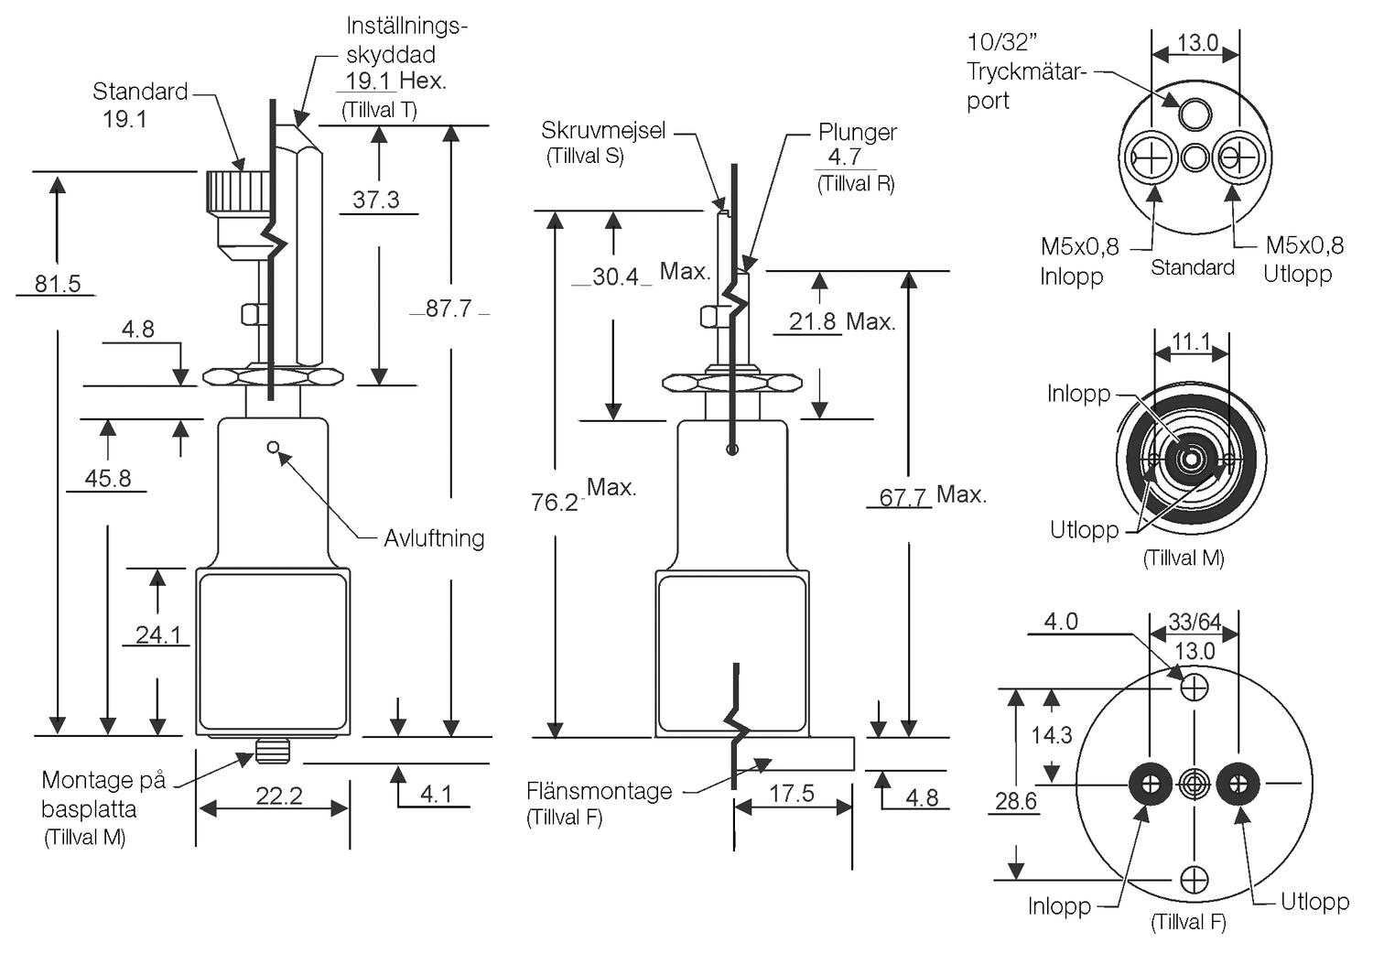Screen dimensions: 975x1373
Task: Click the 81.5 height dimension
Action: click(x=57, y=284)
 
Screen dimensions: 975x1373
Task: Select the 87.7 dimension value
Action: click(x=449, y=309)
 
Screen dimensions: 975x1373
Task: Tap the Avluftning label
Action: click(x=434, y=538)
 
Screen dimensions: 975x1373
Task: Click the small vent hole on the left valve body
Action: click(x=273, y=447)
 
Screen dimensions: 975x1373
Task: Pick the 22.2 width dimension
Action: click(x=278, y=796)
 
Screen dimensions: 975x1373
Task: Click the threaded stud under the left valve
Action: click(x=272, y=751)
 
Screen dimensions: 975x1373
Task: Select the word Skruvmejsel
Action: click(x=603, y=130)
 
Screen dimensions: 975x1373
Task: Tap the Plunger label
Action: click(x=857, y=133)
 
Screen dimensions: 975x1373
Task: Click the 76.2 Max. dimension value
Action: click(x=555, y=502)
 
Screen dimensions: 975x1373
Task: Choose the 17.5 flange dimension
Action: click(x=791, y=793)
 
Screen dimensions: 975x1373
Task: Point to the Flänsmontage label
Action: click(x=599, y=791)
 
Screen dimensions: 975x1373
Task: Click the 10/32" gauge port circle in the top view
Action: click(x=1194, y=114)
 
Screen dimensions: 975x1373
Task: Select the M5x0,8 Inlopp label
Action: click(x=1079, y=261)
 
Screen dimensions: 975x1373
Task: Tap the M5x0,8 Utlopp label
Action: click(x=1303, y=260)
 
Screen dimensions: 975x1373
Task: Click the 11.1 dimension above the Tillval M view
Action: click(x=1191, y=342)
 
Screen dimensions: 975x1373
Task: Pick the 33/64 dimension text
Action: click(x=1195, y=623)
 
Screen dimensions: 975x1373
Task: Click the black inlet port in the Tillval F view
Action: click(x=1150, y=783)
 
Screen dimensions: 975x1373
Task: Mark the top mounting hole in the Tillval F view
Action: click(x=1195, y=686)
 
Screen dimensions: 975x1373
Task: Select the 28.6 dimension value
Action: click(x=1016, y=802)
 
